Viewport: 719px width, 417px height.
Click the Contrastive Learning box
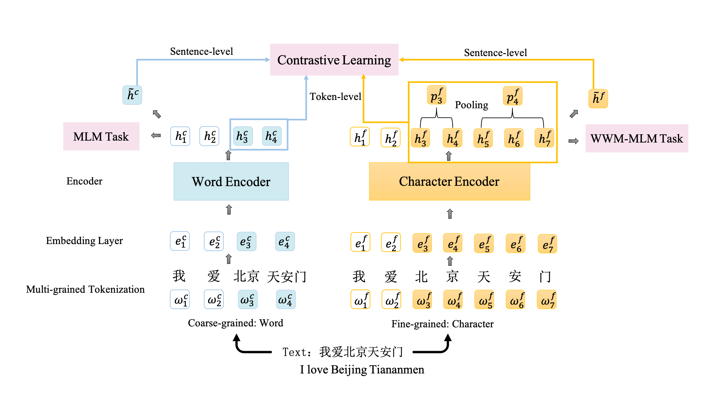334,60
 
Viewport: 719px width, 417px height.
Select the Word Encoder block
231,182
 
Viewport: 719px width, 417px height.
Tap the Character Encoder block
449,182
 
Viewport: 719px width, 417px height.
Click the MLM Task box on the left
101,137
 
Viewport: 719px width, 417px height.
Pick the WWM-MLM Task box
636,139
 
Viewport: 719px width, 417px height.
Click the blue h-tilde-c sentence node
132,95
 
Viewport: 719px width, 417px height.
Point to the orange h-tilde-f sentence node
598,98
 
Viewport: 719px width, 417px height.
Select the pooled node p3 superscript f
436,95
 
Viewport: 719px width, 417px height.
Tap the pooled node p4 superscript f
512,96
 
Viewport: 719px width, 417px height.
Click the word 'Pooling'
471,105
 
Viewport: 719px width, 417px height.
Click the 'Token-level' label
335,97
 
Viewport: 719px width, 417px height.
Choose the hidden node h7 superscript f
544,138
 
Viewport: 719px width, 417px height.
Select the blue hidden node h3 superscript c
242,136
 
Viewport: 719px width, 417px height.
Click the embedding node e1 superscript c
180,241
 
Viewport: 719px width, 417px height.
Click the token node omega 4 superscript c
285,300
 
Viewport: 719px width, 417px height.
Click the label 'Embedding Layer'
84,241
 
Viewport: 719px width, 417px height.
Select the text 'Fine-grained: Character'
442,324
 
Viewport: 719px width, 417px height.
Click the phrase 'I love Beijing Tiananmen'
362,370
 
